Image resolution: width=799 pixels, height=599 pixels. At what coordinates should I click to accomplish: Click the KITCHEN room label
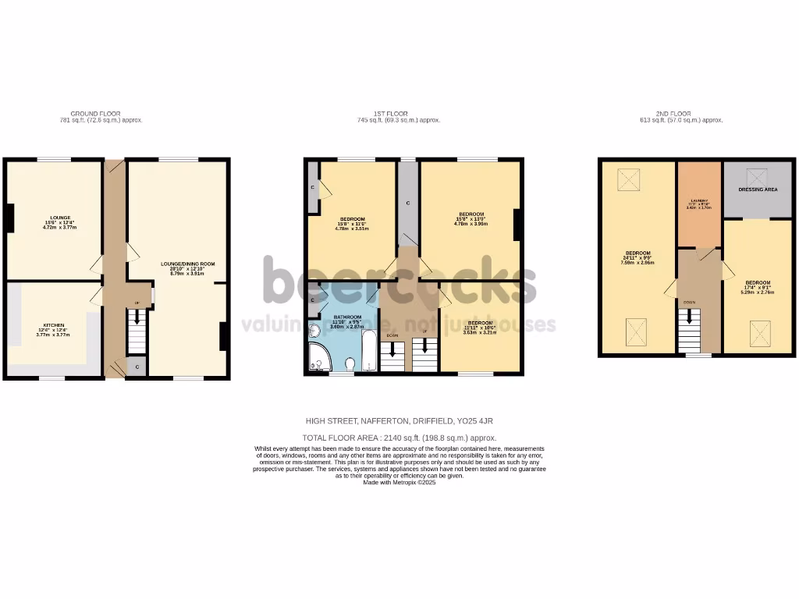(54, 325)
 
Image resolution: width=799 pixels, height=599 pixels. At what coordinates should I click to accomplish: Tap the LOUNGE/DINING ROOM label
(187, 264)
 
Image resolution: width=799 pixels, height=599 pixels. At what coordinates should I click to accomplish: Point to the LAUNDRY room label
(698, 201)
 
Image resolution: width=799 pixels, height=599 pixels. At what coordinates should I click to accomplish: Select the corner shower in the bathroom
(318, 358)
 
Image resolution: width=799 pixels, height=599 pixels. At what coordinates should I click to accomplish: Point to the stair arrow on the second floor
(689, 316)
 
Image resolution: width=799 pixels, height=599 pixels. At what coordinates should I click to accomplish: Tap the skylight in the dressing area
(756, 176)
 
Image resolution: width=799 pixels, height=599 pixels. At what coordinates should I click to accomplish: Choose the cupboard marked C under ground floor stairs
(137, 367)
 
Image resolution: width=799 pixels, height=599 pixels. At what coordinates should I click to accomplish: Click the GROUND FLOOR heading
(95, 114)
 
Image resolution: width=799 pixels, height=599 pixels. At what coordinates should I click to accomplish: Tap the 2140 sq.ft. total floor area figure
(388, 438)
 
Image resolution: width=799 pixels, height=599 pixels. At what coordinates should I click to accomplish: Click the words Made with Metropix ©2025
(399, 483)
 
